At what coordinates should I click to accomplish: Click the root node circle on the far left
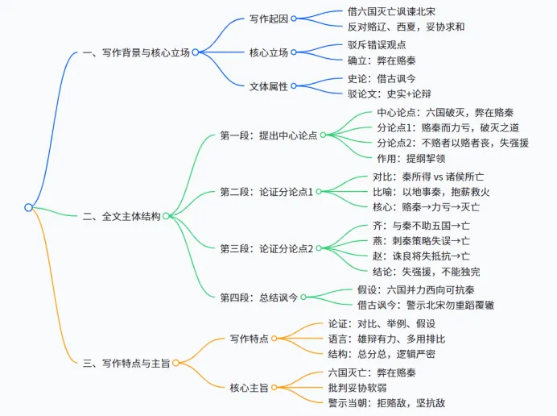28,207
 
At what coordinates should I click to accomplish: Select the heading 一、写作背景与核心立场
136,52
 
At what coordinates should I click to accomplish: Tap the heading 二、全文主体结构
122,216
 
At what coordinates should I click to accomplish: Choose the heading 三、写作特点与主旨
126,363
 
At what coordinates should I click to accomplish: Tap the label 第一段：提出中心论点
268,135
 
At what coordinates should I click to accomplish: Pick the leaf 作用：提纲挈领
414,158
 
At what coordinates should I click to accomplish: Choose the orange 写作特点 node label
250,339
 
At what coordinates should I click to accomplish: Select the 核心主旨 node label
250,387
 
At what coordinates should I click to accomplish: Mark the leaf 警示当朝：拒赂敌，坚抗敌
386,402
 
